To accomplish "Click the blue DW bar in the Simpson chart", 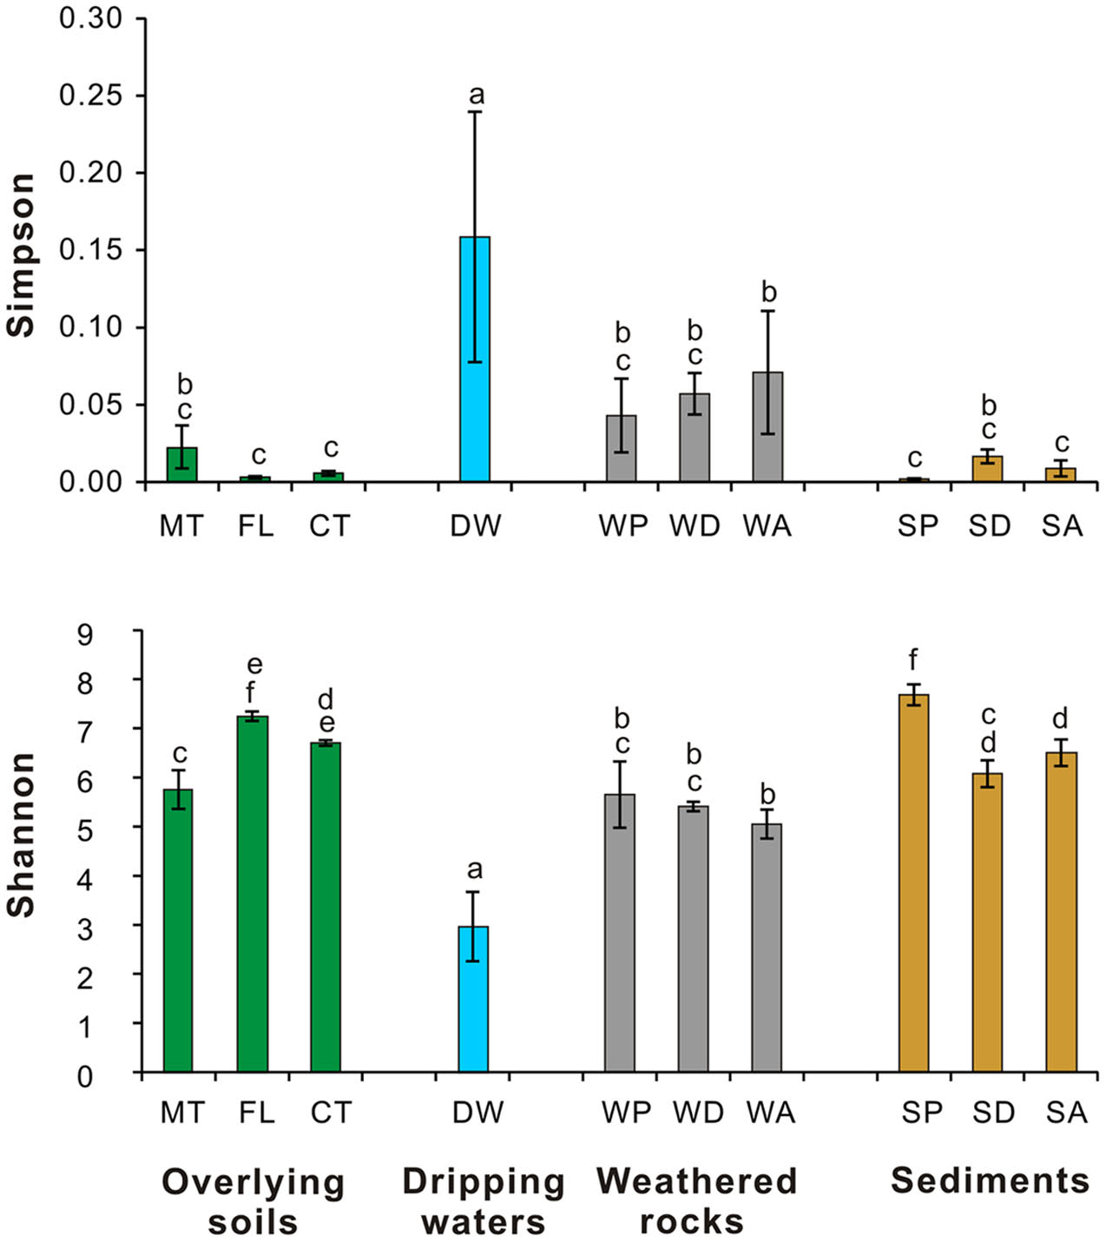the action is click(475, 359).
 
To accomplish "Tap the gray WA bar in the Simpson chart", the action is click(767, 426).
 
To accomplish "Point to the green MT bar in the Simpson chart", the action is click(182, 464).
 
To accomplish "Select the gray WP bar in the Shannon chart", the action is click(620, 933).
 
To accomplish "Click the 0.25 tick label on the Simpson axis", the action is click(90, 96).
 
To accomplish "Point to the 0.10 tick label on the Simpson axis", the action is click(90, 327).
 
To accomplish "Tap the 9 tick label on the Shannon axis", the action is click(85, 635).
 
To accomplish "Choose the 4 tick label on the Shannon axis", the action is click(85, 881).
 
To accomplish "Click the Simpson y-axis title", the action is click(20, 254).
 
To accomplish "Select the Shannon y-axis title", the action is click(20, 835).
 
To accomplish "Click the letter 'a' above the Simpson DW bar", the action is click(476, 95).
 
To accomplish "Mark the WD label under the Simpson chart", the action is click(695, 526).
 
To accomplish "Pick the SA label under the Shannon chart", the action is click(1066, 1112).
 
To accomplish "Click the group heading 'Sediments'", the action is click(991, 1180).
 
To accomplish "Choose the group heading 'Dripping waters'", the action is click(484, 1201).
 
